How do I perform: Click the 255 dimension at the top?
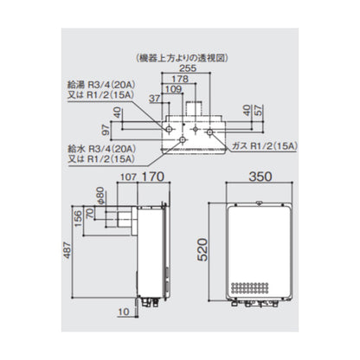[188, 68]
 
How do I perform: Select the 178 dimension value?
[180, 79]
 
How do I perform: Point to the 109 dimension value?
[174, 89]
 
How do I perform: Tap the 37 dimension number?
[154, 99]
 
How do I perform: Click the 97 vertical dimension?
[106, 130]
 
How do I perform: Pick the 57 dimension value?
[259, 110]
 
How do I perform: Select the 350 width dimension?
[260, 177]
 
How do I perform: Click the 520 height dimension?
[202, 250]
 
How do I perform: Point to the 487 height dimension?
[67, 250]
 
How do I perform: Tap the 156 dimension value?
[78, 219]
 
